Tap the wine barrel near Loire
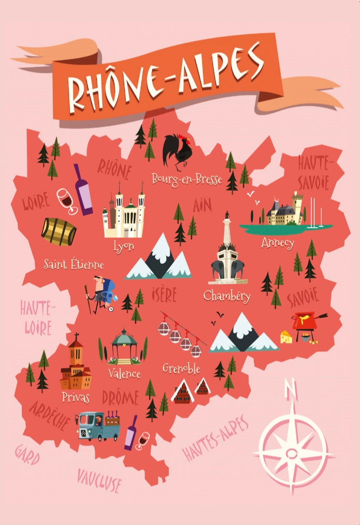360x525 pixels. click(59, 232)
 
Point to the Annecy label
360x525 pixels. click(278, 243)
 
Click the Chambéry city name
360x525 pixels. click(227, 296)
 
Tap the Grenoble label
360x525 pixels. click(181, 368)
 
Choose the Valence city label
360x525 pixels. click(124, 373)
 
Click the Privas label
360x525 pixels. click(75, 398)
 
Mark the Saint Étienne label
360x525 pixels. click(74, 265)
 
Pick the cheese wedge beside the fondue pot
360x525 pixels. click(286, 337)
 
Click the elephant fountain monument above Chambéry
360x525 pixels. click(227, 254)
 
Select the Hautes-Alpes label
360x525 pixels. click(215, 438)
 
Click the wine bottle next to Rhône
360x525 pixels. click(82, 189)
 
